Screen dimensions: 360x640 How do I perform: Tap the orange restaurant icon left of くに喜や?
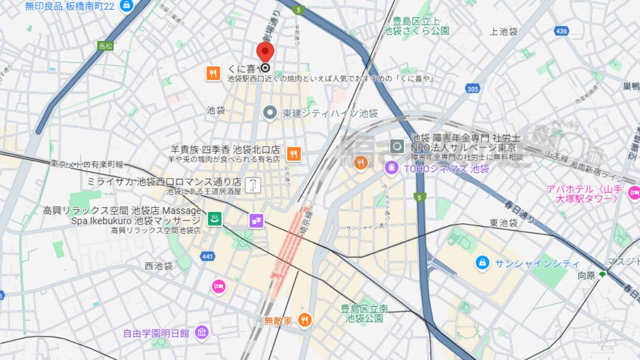click(213, 73)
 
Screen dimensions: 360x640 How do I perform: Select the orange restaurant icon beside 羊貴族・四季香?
click(293, 154)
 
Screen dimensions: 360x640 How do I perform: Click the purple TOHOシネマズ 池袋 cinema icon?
click(392, 168)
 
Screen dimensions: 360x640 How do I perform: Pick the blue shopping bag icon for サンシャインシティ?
click(482, 263)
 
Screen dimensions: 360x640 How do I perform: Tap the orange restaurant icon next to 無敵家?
click(305, 320)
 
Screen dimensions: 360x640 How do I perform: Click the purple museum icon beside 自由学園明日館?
click(202, 333)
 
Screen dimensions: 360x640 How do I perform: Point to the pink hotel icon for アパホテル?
click(634, 193)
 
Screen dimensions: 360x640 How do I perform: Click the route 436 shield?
click(561, 31)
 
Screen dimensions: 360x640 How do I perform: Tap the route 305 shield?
click(472, 89)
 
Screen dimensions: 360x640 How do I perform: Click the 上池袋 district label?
click(503, 31)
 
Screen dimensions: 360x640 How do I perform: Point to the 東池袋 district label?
click(503, 223)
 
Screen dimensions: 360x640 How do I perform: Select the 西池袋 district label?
click(158, 265)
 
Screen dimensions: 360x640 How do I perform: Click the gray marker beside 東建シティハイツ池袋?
click(270, 113)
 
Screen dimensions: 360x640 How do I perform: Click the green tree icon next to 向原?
click(602, 275)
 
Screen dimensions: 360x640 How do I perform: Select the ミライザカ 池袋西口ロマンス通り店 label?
click(164, 181)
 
